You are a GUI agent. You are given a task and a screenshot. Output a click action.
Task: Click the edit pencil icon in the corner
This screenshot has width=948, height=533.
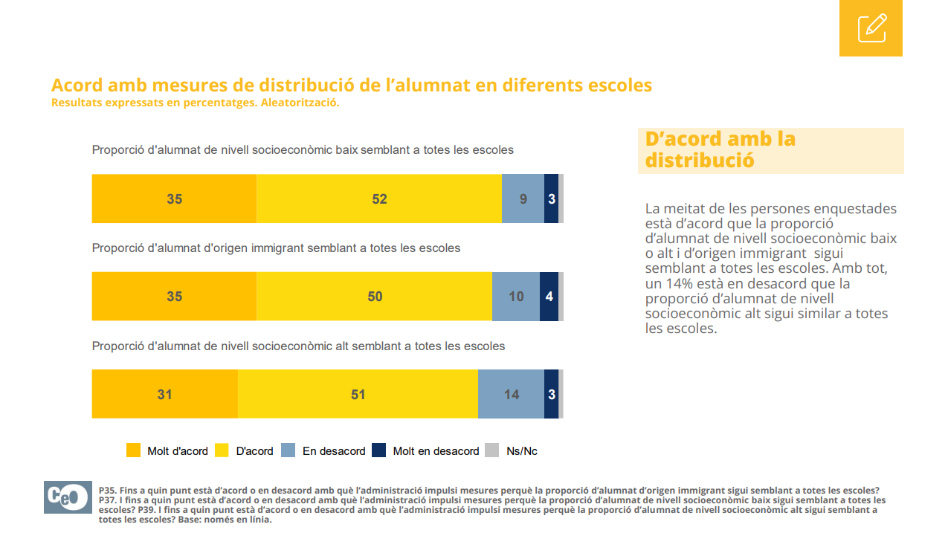tap(871, 28)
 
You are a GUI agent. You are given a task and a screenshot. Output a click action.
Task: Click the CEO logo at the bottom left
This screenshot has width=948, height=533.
tap(67, 497)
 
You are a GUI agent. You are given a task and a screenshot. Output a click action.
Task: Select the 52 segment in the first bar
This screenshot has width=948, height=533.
tap(379, 198)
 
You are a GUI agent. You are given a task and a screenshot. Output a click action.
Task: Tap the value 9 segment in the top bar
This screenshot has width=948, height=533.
tap(523, 198)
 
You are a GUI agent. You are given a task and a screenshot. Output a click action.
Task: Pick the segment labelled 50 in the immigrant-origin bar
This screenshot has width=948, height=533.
tap(374, 297)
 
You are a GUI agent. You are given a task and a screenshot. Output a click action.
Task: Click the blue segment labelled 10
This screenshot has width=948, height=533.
tap(515, 297)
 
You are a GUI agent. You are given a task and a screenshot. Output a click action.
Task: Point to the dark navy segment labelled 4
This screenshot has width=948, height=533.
tap(549, 297)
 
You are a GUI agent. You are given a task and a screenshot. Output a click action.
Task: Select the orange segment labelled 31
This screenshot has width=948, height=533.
tap(164, 394)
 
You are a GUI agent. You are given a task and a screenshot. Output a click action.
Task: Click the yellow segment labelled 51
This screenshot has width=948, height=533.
tap(358, 394)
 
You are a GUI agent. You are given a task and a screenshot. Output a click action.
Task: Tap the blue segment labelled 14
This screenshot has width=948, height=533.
tap(511, 394)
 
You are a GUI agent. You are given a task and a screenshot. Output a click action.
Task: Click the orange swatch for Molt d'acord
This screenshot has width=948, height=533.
tap(133, 450)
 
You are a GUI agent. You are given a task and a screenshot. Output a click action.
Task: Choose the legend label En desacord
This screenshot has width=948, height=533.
tap(334, 451)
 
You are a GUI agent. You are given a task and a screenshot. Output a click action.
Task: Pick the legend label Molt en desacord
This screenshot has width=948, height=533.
tap(436, 451)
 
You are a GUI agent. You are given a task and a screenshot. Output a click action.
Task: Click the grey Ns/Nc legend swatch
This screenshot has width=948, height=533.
tap(491, 450)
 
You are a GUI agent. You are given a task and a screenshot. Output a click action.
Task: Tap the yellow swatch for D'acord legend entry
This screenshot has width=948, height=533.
tap(222, 450)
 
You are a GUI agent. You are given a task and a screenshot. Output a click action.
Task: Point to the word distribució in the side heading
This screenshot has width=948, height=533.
tap(700, 160)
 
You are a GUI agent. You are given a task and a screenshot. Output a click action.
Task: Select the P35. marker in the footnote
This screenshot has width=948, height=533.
tap(109, 491)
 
